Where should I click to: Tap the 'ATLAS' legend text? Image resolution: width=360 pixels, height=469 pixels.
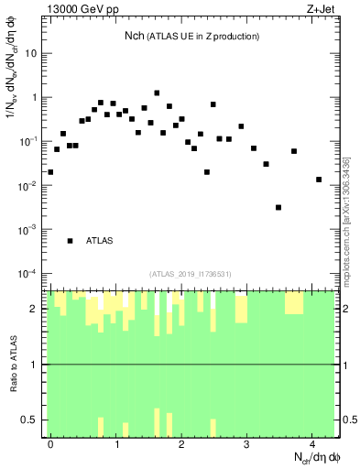click(100, 241)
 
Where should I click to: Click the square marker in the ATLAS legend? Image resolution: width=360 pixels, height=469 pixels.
click(70, 241)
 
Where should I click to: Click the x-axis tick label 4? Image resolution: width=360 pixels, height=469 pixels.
click(312, 442)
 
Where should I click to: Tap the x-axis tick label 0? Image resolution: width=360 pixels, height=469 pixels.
click(51, 442)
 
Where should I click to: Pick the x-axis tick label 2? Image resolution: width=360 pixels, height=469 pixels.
click(182, 442)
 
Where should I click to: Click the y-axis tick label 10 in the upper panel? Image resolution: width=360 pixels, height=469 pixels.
click(31, 53)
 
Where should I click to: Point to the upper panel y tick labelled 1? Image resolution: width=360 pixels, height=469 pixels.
click(35, 97)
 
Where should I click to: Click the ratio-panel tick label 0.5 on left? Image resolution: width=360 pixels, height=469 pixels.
click(29, 420)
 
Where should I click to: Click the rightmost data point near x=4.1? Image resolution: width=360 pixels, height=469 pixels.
click(319, 180)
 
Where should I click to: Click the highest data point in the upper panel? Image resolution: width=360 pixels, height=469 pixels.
click(157, 93)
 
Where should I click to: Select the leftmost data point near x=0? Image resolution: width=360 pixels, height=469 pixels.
click(50, 171)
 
